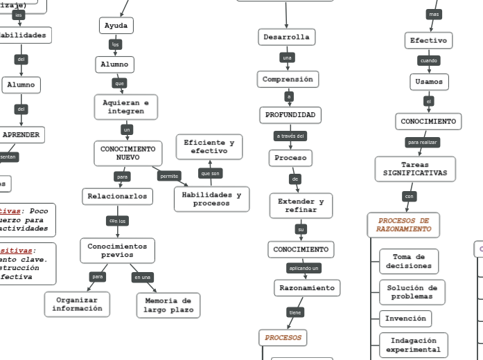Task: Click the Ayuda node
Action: click(116, 26)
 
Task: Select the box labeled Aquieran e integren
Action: click(125, 107)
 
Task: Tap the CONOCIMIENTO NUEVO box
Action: click(128, 153)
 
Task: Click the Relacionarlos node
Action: click(117, 197)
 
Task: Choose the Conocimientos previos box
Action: click(117, 251)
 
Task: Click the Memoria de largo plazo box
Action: click(168, 305)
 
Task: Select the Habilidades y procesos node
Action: click(211, 199)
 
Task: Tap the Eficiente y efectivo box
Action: click(209, 147)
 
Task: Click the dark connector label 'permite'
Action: click(169, 177)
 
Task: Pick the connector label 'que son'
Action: click(210, 173)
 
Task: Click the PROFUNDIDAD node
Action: click(290, 114)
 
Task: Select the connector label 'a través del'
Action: click(290, 136)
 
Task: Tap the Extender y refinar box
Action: click(301, 206)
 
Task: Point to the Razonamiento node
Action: click(306, 287)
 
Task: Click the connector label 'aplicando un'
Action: click(304, 268)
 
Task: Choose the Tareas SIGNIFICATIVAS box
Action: click(415, 169)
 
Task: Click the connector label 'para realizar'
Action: click(423, 143)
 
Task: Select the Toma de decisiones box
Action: click(409, 262)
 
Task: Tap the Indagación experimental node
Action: click(414, 345)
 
